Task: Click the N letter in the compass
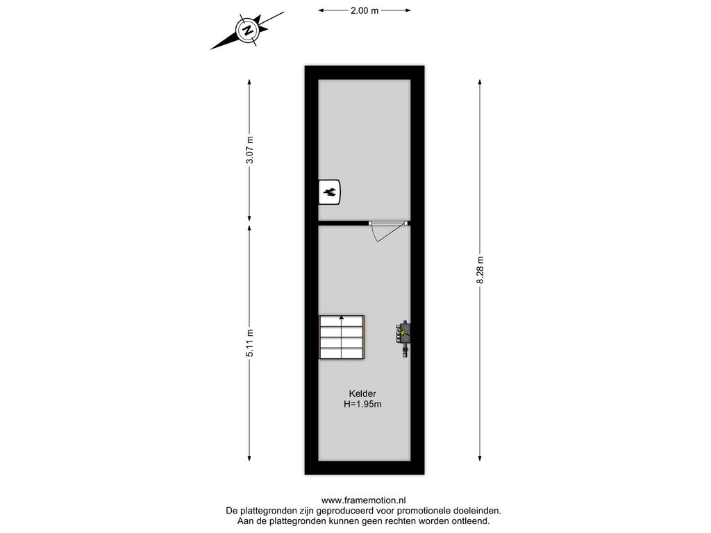pos(248,31)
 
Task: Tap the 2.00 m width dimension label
pos(364,10)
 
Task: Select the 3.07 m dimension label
pos(249,150)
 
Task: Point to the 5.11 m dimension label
pos(249,343)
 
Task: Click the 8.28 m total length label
pos(480,270)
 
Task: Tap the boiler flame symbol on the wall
pos(329,192)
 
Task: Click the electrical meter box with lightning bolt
pos(403,338)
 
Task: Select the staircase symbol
pos(342,337)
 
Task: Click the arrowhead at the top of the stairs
pos(342,318)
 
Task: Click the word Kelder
pos(362,394)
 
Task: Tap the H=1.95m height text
pos(362,405)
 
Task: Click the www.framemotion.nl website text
pos(364,500)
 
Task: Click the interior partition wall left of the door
pos(343,223)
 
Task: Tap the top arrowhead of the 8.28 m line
pos(480,83)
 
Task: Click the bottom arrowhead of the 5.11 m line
pos(249,458)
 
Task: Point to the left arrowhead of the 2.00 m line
pos(321,10)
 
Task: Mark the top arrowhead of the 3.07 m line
pos(249,83)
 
